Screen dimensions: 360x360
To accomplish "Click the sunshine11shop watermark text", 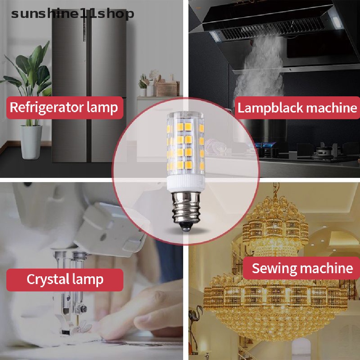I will tap(72, 14).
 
